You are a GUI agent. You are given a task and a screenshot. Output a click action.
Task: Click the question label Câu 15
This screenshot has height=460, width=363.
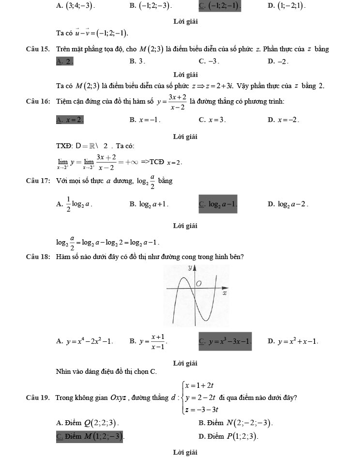point(38,48)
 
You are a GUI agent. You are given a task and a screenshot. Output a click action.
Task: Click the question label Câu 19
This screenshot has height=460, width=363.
point(38,398)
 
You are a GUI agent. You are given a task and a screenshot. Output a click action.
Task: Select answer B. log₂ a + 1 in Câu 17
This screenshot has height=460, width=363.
point(149,204)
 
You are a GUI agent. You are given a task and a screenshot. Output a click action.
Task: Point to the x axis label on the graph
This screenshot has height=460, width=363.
point(225,293)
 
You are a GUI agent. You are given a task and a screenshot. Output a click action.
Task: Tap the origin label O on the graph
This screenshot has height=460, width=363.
point(198,284)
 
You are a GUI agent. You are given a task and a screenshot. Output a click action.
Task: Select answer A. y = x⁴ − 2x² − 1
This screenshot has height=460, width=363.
point(85,341)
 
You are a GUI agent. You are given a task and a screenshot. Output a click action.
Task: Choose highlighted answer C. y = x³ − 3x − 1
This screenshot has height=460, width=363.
point(225,341)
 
